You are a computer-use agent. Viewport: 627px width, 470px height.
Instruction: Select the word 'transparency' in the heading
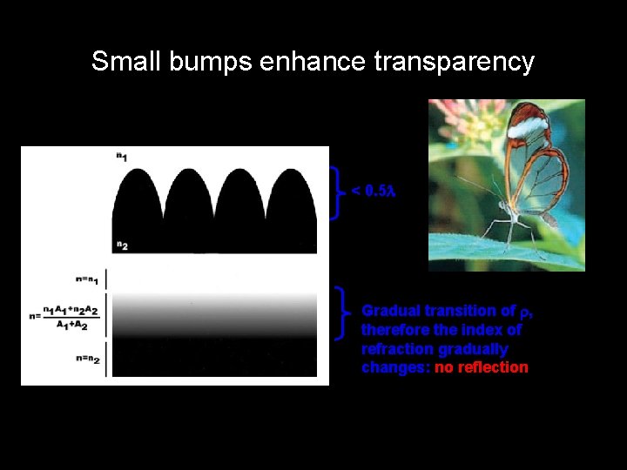pos(454,63)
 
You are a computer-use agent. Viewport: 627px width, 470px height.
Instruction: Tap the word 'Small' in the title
pos(123,62)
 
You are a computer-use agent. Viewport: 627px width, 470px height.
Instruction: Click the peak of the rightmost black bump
pos(291,170)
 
